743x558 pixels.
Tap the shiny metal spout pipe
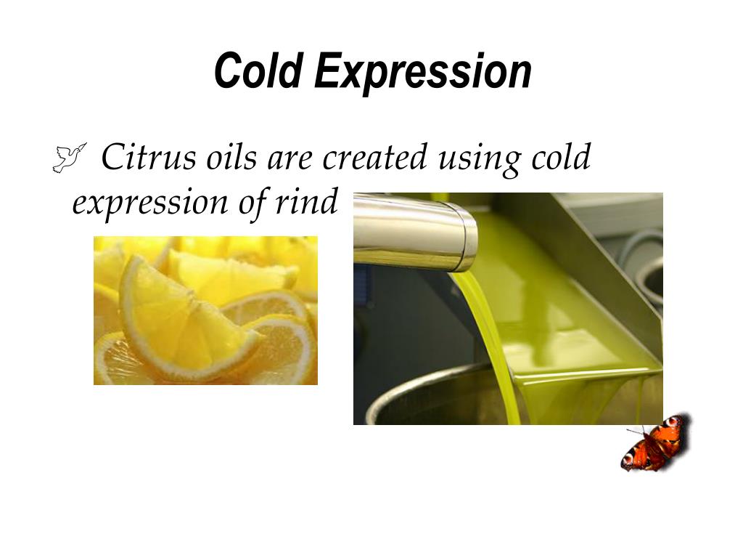(x=414, y=231)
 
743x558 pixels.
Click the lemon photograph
(x=205, y=310)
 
